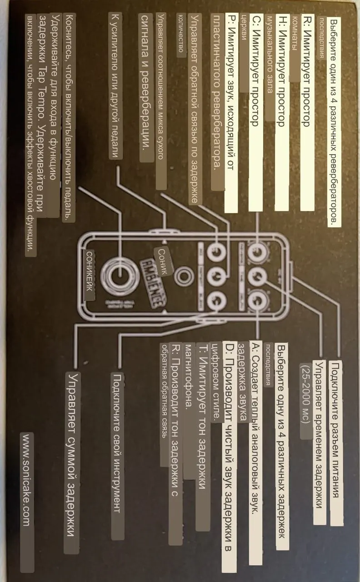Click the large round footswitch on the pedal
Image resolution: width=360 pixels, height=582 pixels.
(x=120, y=275)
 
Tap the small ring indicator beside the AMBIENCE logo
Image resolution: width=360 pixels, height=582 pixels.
(x=184, y=275)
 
